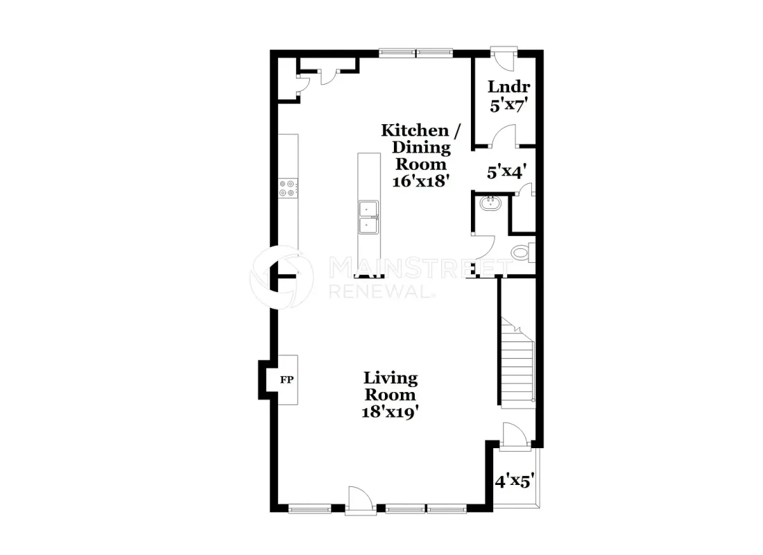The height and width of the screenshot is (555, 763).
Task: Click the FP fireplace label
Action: [x=286, y=379]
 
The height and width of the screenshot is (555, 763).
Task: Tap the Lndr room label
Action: [x=509, y=87]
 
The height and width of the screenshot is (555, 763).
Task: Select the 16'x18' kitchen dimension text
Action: [x=420, y=181]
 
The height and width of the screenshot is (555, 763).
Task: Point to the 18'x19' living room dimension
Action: [x=391, y=412]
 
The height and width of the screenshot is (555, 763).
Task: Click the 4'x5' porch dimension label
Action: [x=515, y=481]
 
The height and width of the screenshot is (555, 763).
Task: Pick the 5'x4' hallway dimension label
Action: [x=507, y=172]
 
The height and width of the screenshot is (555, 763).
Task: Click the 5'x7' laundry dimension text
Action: [x=509, y=105]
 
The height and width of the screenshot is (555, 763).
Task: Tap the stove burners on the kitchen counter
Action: [x=286, y=189]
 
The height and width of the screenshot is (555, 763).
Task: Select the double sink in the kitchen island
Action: [x=368, y=217]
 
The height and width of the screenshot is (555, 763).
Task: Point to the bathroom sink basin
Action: [x=490, y=203]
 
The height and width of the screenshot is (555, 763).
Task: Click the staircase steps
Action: [x=517, y=363]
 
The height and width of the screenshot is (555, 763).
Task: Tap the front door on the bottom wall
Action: [x=361, y=501]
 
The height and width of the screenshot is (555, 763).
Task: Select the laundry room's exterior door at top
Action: [x=504, y=58]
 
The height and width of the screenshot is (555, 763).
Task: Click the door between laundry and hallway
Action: [x=504, y=136]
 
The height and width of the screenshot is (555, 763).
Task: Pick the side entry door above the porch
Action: [x=514, y=435]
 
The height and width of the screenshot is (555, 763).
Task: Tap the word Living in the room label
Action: [x=391, y=378]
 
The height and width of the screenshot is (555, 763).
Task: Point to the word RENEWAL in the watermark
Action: [x=381, y=291]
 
